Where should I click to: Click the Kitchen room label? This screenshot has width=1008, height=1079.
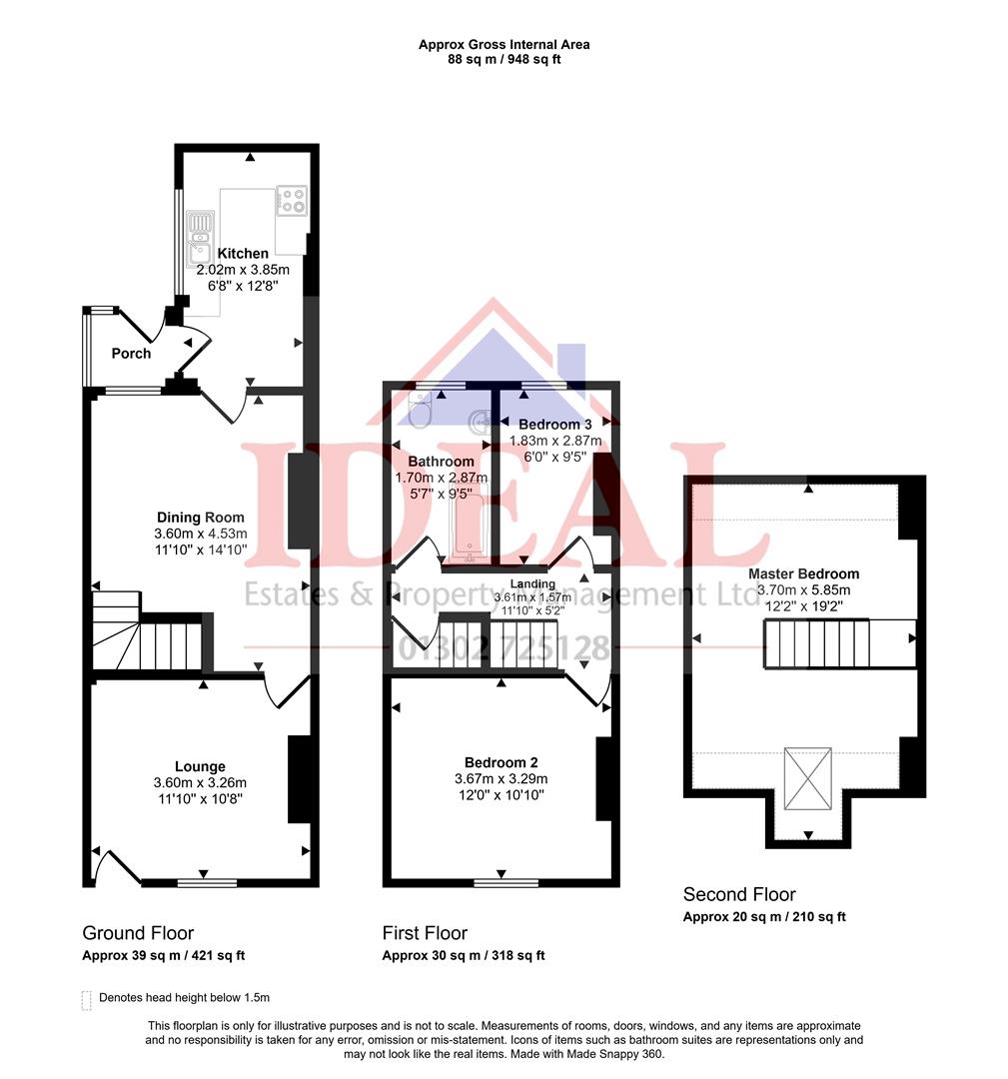[243, 254]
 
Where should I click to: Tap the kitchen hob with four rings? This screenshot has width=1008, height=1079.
[291, 201]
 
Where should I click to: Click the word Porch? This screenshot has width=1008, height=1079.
[131, 354]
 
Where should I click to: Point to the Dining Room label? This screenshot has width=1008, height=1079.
[200, 518]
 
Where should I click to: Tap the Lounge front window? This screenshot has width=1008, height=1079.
[208, 883]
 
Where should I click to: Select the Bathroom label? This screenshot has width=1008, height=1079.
[441, 462]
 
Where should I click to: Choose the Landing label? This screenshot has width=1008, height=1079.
[532, 583]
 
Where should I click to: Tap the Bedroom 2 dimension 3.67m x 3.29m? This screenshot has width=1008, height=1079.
[501, 779]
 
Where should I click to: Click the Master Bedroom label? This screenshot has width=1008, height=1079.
[803, 574]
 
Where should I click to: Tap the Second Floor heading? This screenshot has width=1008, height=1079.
[739, 894]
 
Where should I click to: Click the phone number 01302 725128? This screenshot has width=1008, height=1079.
[504, 649]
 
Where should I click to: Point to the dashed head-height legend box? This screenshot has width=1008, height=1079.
[87, 998]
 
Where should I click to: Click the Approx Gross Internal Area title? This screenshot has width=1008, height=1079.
[504, 45]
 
